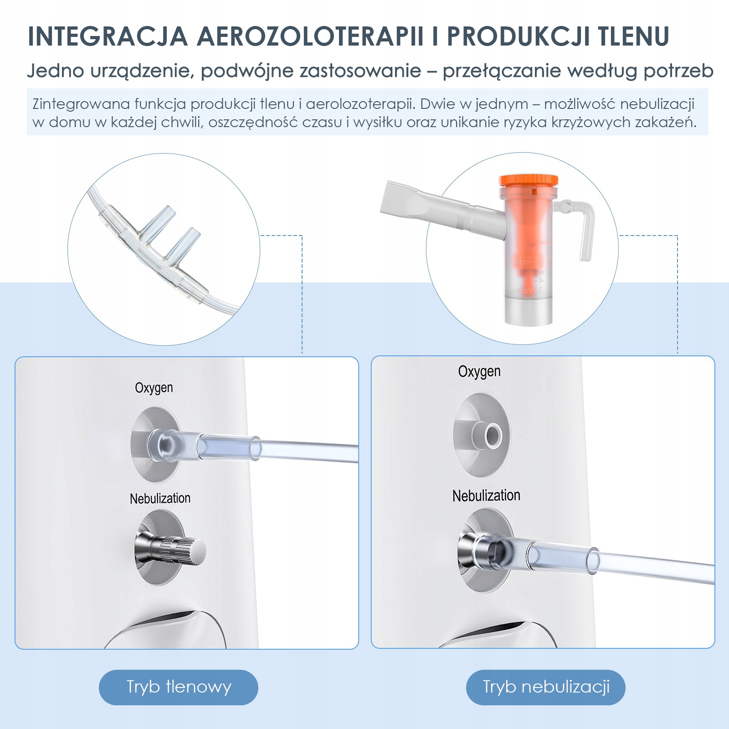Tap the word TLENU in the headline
(634, 36)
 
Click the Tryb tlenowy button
(179, 687)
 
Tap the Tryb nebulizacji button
(546, 687)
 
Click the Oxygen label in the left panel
(154, 388)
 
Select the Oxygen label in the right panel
(479, 372)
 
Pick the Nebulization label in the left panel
(160, 498)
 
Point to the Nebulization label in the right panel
(486, 496)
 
